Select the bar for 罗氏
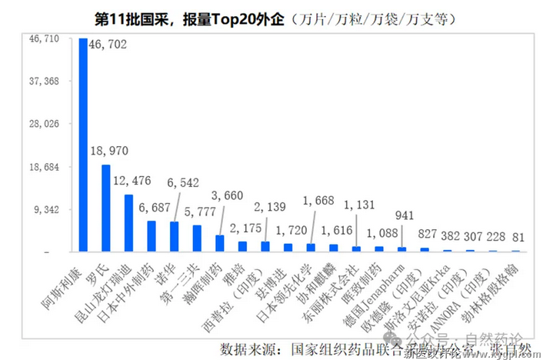(106, 208)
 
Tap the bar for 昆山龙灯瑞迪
(128, 223)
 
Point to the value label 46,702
(108, 45)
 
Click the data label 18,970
(108, 150)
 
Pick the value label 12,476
(132, 181)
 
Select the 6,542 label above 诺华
(184, 182)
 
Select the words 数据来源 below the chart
(247, 344)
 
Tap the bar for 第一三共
(197, 238)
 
